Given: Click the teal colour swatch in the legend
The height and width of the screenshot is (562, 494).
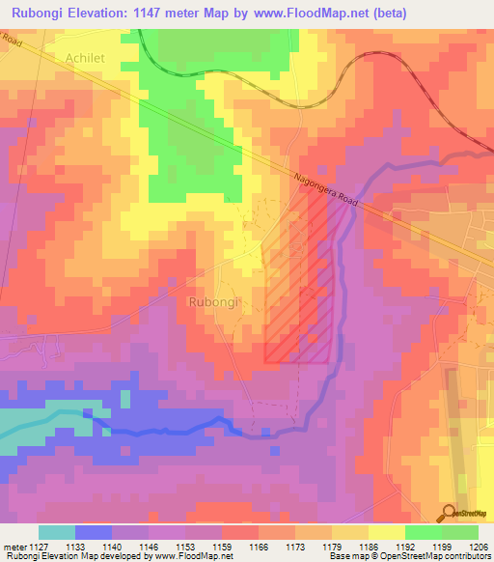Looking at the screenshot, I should point(57,532).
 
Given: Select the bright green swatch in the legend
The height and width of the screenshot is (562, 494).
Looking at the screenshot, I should point(424,532).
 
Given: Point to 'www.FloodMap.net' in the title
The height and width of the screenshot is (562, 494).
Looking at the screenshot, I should point(315,14).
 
